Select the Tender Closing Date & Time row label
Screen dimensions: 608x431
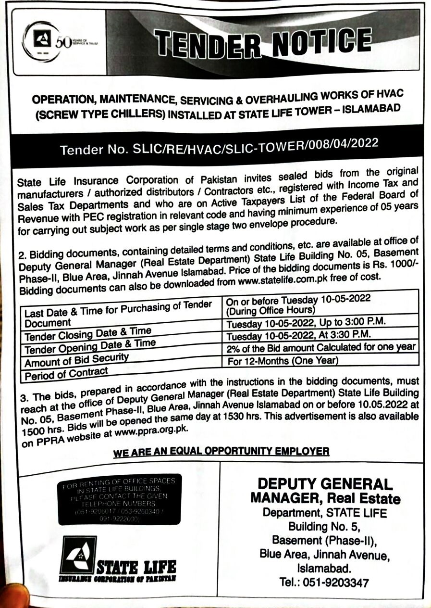point(88,333)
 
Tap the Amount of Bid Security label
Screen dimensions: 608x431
point(77,359)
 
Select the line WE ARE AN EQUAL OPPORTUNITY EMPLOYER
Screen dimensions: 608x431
point(222,451)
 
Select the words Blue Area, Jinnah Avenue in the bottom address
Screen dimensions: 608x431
point(324,554)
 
